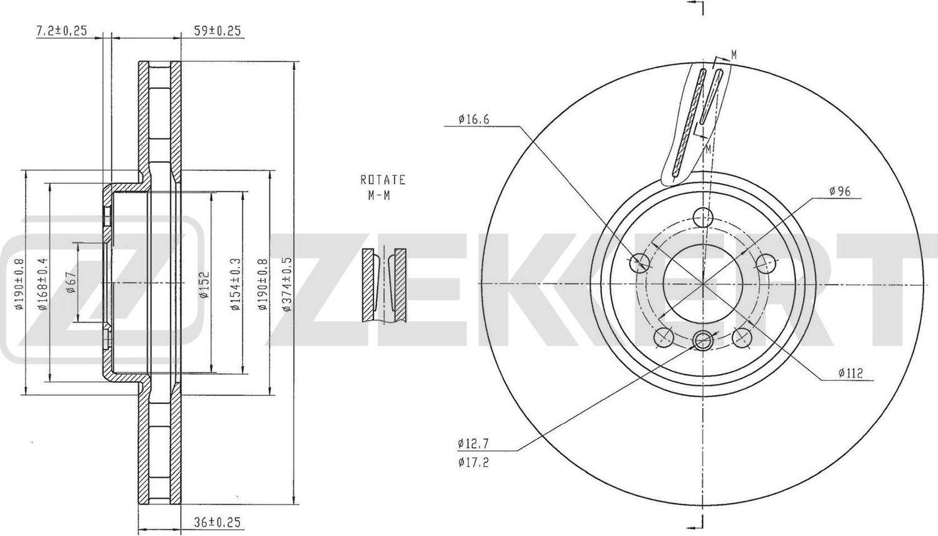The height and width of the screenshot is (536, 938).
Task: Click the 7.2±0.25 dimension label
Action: tap(61, 31)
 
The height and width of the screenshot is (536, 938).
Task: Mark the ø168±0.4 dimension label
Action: tap(43, 283)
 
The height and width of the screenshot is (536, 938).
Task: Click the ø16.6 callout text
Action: tap(473, 118)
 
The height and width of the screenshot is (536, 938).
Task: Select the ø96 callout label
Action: tap(839, 192)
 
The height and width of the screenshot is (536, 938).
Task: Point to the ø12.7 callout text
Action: tap(473, 443)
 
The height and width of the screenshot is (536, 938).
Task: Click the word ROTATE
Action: tap(383, 180)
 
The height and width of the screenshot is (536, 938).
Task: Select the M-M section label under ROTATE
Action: tap(378, 196)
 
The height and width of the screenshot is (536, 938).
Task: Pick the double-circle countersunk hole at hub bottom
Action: tap(704, 340)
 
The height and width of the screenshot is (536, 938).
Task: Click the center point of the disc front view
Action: tap(704, 283)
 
